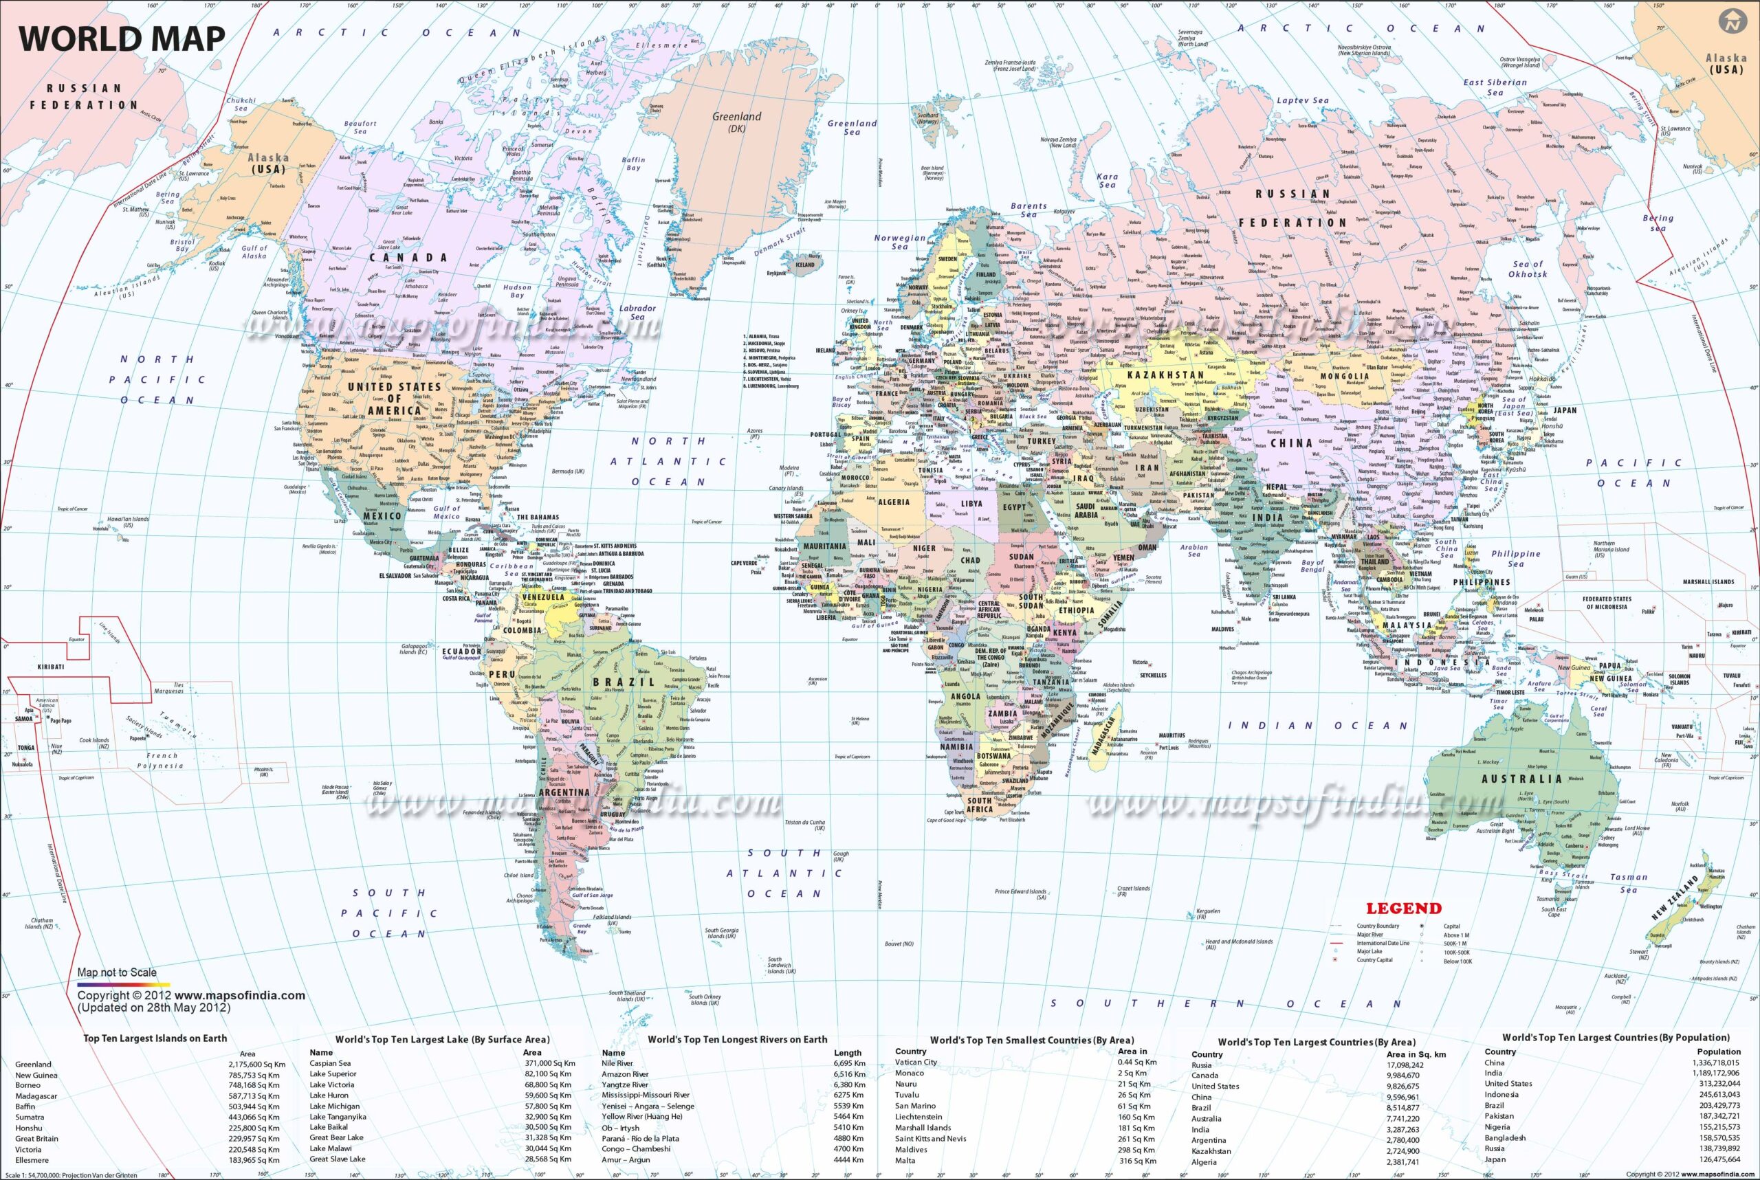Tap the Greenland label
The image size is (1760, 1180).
pyautogui.click(x=736, y=118)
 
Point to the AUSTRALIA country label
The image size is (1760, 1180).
pyautogui.click(x=1521, y=779)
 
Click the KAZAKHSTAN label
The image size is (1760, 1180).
pyautogui.click(x=1165, y=375)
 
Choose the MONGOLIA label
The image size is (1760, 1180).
pyautogui.click(x=1345, y=375)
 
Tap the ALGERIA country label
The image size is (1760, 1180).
pyautogui.click(x=894, y=502)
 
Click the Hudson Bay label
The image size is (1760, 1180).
pyautogui.click(x=517, y=291)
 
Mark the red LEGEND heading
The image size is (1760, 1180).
pyautogui.click(x=1404, y=909)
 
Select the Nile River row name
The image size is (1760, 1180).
pyautogui.click(x=617, y=1063)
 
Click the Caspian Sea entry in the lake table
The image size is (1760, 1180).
pyautogui.click(x=330, y=1063)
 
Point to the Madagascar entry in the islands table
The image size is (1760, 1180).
pyautogui.click(x=36, y=1095)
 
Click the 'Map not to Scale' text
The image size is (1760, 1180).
pyautogui.click(x=117, y=972)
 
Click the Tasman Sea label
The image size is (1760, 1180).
pyautogui.click(x=1628, y=882)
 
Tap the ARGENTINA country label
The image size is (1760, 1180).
pyautogui.click(x=564, y=792)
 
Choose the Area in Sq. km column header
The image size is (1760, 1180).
pyautogui.click(x=1416, y=1054)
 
